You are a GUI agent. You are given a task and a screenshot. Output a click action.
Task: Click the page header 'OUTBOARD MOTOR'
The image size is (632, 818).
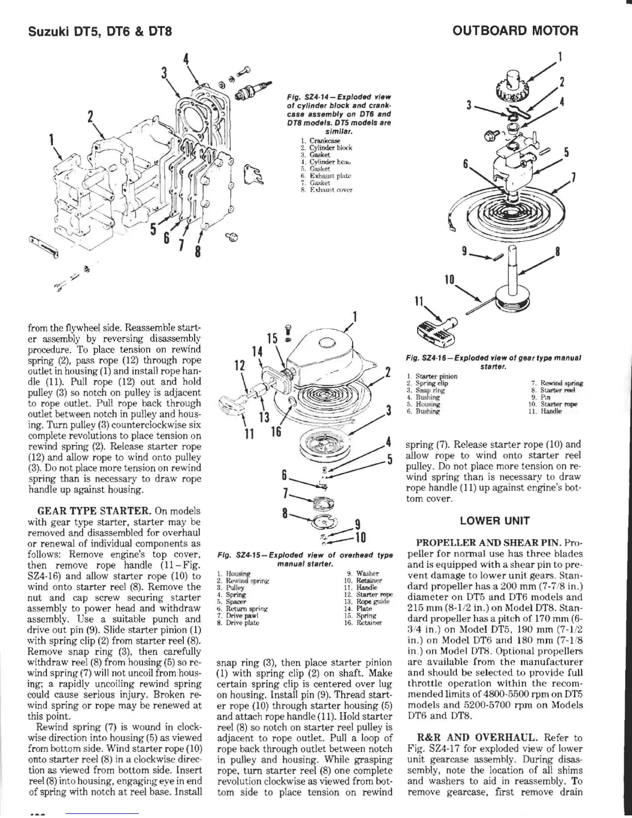pyautogui.click(x=515, y=30)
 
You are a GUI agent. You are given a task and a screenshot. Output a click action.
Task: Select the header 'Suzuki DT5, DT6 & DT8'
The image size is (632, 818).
pyautogui.click(x=99, y=32)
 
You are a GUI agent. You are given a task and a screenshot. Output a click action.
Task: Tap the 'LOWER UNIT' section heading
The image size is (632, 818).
pyautogui.click(x=495, y=520)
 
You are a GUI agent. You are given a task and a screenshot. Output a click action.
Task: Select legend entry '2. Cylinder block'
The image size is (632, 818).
pyautogui.click(x=326, y=147)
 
